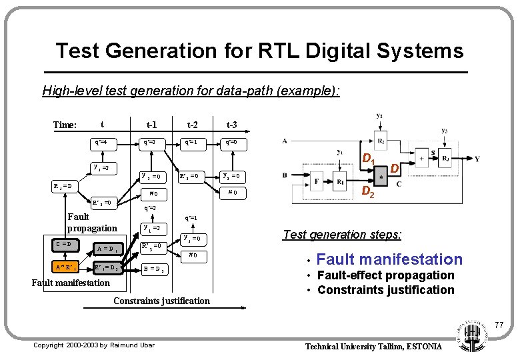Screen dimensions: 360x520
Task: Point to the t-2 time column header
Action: click(x=192, y=125)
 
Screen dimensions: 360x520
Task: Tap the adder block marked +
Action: click(x=423, y=159)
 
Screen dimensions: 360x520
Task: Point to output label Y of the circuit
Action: click(x=477, y=159)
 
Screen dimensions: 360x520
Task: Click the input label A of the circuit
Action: click(x=285, y=141)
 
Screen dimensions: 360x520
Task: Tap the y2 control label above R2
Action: click(x=379, y=116)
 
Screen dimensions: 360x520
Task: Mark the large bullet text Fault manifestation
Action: click(x=389, y=259)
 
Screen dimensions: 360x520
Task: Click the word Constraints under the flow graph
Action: click(x=137, y=301)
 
